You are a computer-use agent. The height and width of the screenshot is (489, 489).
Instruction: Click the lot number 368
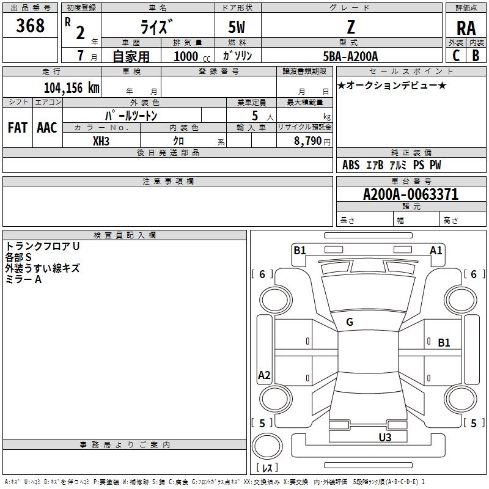point(30,25)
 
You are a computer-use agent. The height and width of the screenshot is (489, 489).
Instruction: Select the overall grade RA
point(466,28)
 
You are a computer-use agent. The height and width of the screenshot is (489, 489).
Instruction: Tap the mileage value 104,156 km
point(72,87)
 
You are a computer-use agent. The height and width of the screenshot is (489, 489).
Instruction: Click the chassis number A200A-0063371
point(411,194)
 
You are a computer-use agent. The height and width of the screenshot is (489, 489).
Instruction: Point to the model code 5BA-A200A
point(350,56)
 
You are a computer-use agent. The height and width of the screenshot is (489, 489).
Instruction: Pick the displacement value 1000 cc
point(192,56)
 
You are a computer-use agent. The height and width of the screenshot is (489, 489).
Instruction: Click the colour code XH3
point(101,141)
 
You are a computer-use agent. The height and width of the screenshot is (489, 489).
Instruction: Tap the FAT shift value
point(18,128)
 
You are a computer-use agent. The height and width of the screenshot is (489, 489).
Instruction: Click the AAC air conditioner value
point(47,128)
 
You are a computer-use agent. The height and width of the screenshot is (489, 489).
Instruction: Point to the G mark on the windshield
point(350,322)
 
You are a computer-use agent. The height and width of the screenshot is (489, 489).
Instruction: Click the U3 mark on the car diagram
point(385,437)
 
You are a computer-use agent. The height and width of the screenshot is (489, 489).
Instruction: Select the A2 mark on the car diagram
point(264,375)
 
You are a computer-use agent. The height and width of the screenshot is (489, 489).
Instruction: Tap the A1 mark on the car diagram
point(436,250)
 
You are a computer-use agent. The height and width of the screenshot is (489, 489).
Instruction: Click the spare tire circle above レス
point(267,446)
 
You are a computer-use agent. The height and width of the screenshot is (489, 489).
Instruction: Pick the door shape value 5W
point(237,27)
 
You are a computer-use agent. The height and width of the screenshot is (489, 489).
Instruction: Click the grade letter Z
point(351,27)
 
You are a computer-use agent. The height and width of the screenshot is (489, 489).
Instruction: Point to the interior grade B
point(476,56)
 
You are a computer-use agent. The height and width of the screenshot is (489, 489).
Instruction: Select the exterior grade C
point(456,56)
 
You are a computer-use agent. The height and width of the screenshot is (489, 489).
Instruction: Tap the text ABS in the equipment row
point(351,164)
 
